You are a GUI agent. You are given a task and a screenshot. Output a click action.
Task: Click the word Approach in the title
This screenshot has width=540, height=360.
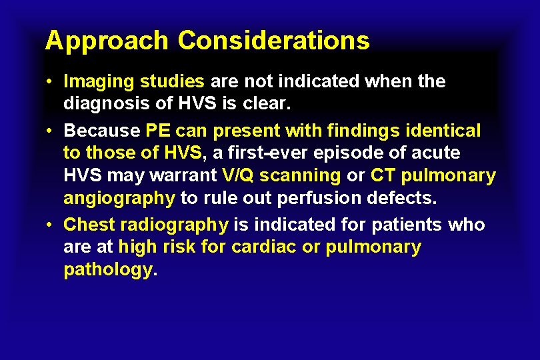coord(107,41)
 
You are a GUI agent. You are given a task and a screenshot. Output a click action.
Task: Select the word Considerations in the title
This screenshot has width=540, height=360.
coord(273,41)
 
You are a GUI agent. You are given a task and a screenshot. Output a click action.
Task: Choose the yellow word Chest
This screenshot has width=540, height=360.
coord(89,224)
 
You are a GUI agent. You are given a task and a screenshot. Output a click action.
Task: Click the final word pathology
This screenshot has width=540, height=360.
coord(108,271)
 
